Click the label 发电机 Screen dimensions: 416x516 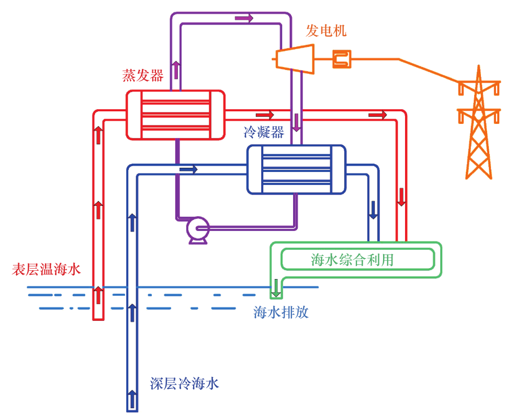coord(326,31)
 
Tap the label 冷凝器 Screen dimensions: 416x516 coord(264,133)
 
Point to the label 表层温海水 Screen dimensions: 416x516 coord(46,270)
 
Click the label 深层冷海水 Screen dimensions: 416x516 coord(184,384)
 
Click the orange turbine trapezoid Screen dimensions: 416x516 coord(295,57)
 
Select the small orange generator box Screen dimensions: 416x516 coord(342,59)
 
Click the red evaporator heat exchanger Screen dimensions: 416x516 coord(175,114)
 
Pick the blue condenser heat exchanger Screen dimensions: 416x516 coord(296,169)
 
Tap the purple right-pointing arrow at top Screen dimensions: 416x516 coord(244,18)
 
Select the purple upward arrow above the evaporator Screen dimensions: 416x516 coord(176,69)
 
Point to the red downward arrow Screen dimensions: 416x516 coord(401,197)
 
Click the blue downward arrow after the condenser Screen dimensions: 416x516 coord(374,210)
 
